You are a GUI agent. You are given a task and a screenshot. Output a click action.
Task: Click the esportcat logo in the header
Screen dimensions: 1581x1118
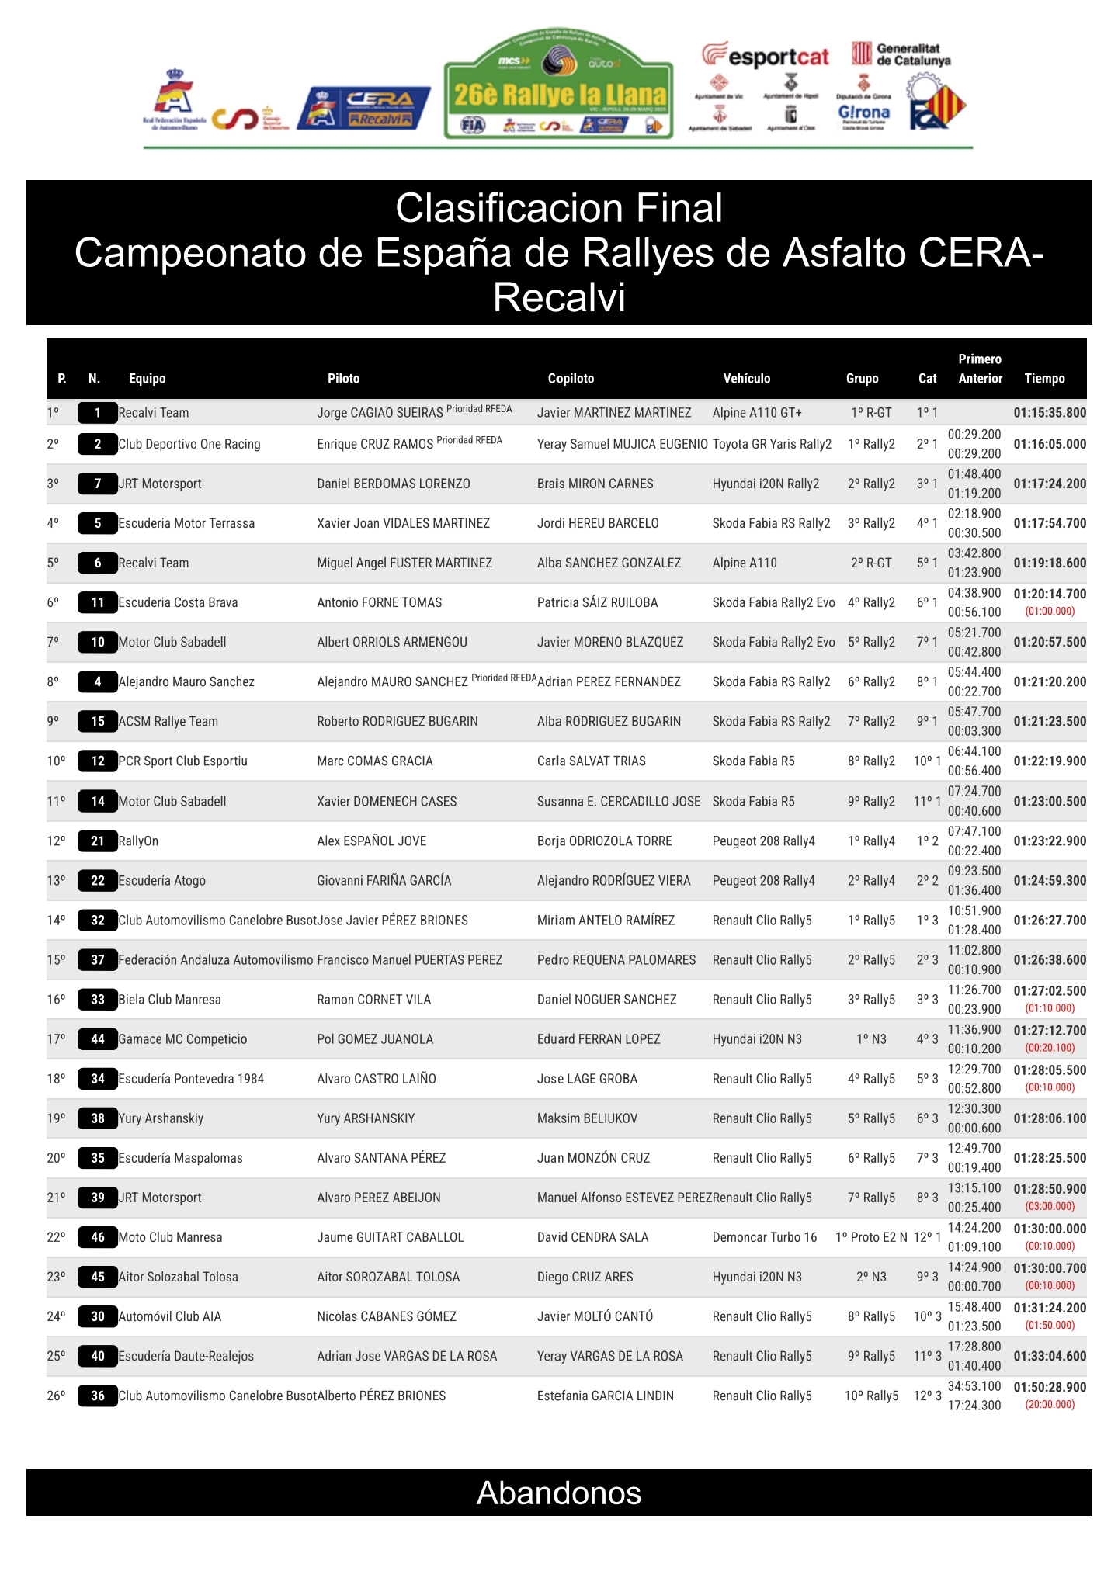[x=766, y=57]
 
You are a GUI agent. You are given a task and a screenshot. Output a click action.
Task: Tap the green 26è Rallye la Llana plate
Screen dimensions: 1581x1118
[x=558, y=87]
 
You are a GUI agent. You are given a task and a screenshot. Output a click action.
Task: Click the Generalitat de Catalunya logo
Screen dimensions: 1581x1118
[x=901, y=54]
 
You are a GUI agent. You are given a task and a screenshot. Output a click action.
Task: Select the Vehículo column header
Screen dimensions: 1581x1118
[x=746, y=379]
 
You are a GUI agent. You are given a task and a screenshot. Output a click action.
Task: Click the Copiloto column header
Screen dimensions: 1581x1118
[x=571, y=379]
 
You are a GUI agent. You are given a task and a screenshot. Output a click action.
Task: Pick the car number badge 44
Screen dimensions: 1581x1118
[x=98, y=1039]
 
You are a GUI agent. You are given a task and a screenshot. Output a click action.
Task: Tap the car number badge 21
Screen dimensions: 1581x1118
[x=98, y=841]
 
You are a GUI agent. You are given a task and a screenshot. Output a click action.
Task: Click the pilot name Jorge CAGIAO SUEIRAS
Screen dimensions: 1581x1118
[x=380, y=413]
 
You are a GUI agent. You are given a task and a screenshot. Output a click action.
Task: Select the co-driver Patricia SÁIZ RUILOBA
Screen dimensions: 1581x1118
[x=597, y=602]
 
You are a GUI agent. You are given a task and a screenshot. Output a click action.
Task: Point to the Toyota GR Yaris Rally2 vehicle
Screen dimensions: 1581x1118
[x=772, y=444]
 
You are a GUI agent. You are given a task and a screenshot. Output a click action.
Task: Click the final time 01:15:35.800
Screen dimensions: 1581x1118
[x=1050, y=413]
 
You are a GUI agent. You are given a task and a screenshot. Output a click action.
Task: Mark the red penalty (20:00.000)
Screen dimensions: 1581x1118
[x=1050, y=1405]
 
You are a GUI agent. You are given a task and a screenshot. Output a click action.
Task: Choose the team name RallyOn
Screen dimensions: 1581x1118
[x=138, y=841]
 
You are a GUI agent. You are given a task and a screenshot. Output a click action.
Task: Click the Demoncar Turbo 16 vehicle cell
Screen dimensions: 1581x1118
[x=765, y=1237]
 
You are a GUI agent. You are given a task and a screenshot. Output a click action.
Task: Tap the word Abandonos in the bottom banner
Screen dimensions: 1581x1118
[x=559, y=1493]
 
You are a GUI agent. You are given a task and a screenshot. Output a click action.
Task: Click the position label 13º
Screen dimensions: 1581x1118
[x=56, y=880]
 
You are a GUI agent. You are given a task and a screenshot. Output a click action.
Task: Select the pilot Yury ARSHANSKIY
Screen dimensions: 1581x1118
[x=366, y=1118]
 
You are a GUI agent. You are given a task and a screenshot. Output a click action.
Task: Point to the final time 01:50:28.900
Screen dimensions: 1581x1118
[x=1050, y=1387]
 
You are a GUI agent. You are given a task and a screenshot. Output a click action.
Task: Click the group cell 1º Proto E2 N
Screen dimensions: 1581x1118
[x=871, y=1237]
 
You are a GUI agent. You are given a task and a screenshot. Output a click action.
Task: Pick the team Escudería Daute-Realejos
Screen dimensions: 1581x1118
[x=186, y=1356]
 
